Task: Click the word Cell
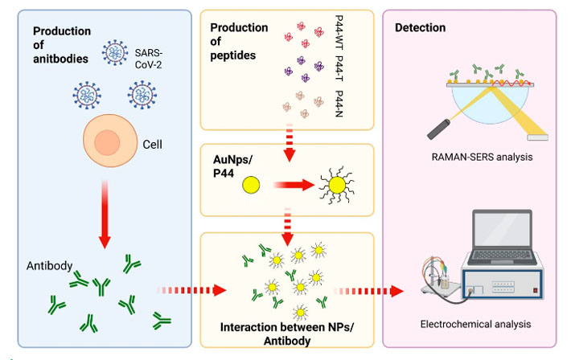[154, 145]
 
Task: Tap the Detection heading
[420, 28]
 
